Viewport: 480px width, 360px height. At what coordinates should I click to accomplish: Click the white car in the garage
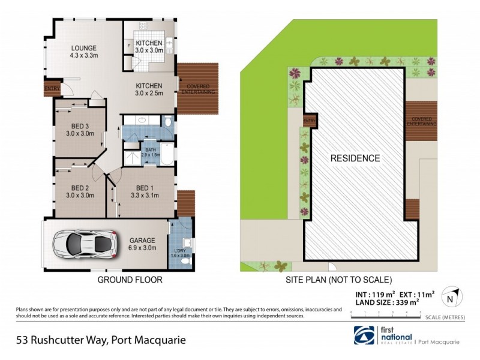click(x=84, y=243)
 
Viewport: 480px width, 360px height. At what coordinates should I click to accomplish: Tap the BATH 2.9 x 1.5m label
click(x=150, y=152)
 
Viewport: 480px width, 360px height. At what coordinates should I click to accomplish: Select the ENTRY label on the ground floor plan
click(x=52, y=89)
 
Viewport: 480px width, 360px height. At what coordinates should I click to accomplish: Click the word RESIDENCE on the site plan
click(x=355, y=158)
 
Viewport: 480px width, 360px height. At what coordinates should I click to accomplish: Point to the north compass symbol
click(x=454, y=297)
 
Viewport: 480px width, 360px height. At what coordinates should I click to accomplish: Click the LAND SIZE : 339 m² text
click(x=382, y=303)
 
